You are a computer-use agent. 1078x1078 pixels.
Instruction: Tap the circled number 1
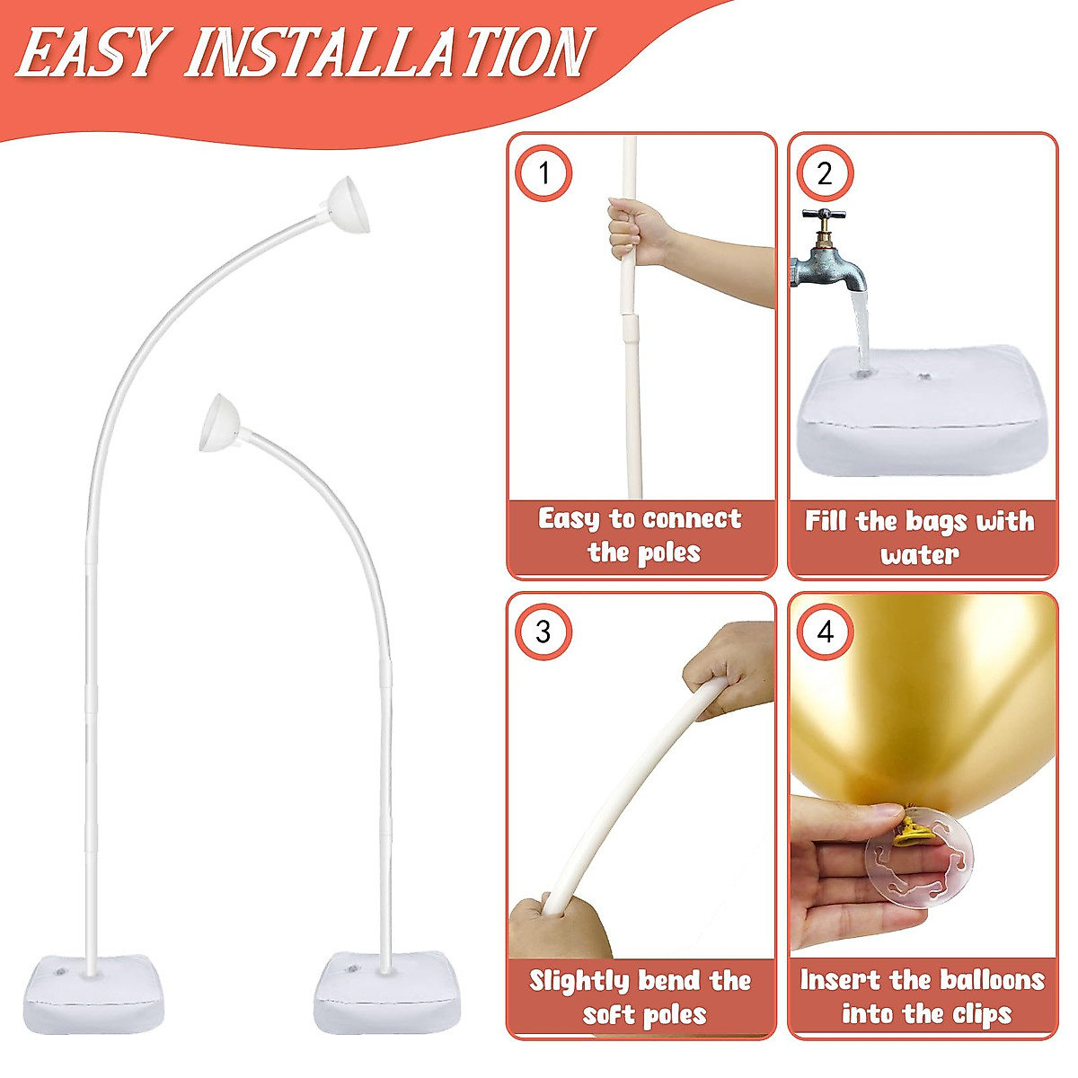click(x=543, y=172)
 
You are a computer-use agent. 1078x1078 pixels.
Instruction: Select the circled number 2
click(x=825, y=172)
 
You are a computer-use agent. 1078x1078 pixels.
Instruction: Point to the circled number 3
click(x=543, y=632)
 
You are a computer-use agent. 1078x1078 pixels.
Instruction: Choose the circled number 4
click(x=825, y=632)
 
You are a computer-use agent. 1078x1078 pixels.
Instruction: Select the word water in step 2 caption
click(x=919, y=554)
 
